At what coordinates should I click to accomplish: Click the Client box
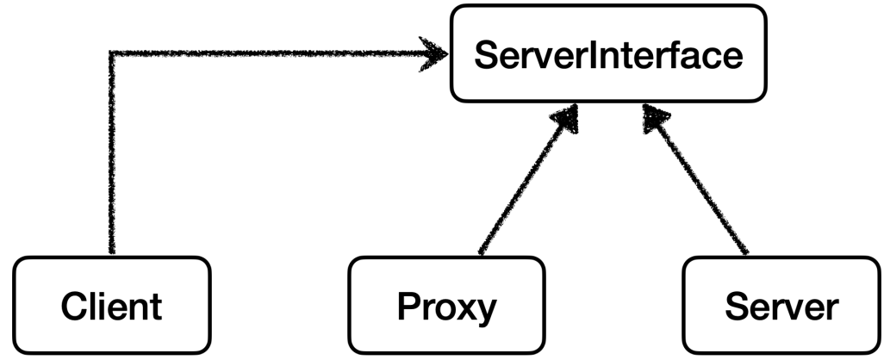(x=112, y=305)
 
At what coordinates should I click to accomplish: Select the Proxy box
(x=446, y=305)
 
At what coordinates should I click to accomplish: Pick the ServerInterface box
(x=608, y=53)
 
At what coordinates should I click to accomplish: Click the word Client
(x=112, y=307)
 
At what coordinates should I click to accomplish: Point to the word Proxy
(x=446, y=307)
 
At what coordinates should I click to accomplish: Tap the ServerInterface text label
(x=608, y=56)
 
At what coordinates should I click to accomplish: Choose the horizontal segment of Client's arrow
(x=267, y=54)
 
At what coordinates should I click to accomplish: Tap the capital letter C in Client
(x=72, y=307)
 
